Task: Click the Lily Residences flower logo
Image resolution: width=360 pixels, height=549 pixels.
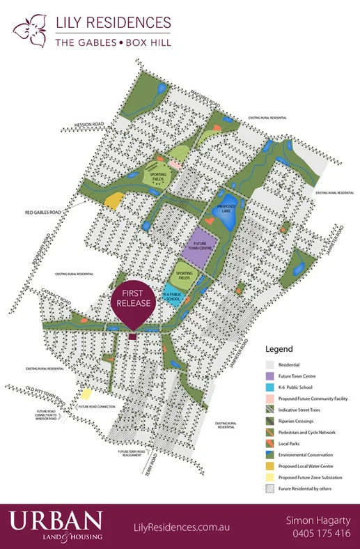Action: (x=28, y=32)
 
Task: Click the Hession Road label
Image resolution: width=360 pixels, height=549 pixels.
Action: (x=90, y=125)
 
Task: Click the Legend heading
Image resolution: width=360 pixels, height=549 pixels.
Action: (x=279, y=349)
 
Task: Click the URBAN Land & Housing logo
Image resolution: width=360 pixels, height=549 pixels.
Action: (x=56, y=525)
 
